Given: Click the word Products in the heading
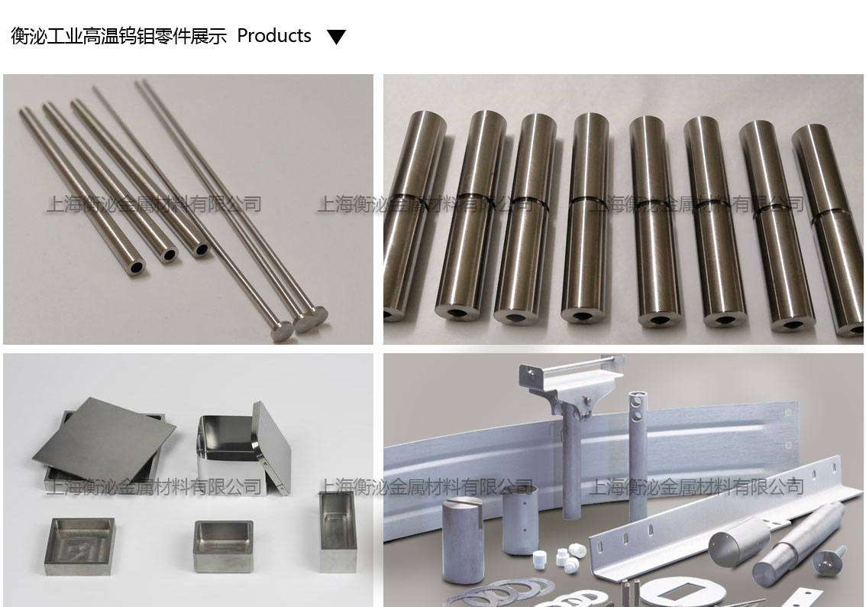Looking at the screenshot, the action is coord(274,36).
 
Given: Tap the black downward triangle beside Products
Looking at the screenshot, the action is coord(336,37).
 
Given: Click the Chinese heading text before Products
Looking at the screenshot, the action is coord(118,37).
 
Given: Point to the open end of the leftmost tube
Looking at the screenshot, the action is coord(136,268).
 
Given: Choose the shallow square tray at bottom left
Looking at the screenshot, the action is coord(79,546).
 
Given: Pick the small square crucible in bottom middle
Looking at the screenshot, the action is coord(223,546).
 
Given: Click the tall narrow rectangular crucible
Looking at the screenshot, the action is coord(338,532).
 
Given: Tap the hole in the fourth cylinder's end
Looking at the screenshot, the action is coord(582,316).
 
